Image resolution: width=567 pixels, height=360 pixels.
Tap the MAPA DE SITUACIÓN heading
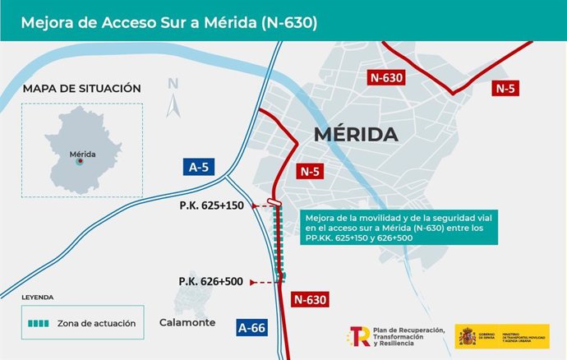[x=82, y=89]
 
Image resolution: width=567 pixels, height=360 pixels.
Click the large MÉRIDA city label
[x=355, y=135]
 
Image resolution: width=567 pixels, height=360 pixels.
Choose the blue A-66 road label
[x=252, y=326]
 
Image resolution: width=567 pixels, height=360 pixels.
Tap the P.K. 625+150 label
[x=211, y=205]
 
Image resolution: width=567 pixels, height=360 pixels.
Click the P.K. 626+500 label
[x=211, y=281]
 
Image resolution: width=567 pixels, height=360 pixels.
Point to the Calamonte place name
[x=187, y=322]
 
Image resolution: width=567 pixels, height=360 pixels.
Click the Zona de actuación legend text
[x=96, y=323]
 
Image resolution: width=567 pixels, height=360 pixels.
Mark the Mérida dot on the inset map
[x=80, y=162]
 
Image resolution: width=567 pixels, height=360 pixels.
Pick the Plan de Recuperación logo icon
[x=360, y=336]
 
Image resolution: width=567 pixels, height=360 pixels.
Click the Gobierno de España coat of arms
[x=466, y=336]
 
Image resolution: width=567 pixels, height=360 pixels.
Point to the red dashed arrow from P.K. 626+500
[x=262, y=282]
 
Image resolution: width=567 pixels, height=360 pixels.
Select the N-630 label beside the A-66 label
[x=309, y=299]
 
